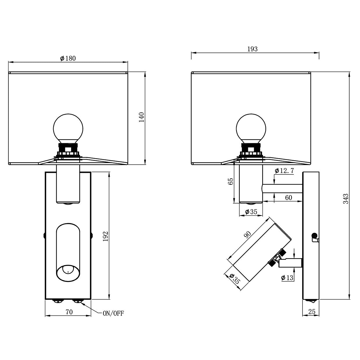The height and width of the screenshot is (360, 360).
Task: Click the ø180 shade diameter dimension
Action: coord(68,58)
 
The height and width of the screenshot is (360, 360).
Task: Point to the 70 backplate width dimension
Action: coord(69,312)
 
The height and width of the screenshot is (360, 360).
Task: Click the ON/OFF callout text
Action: coord(113,313)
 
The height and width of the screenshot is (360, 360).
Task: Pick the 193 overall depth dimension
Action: coord(252,49)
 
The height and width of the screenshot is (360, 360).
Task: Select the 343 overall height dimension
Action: coord(345,199)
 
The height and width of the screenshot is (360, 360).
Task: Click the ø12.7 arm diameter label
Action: coord(284,171)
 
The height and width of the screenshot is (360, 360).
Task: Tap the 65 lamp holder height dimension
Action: coord(231,181)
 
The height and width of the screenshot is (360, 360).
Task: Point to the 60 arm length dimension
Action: coord(288,198)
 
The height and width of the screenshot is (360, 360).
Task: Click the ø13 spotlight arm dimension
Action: coord(287,278)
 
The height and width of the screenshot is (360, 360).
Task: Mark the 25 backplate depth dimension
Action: coord(312,312)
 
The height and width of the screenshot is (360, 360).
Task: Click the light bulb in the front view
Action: coord(68,128)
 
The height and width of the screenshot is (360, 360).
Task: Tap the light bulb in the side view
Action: coord(251,128)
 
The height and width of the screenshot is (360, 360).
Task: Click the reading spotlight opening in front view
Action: coord(68,273)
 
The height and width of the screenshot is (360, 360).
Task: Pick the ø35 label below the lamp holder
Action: coord(251,212)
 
